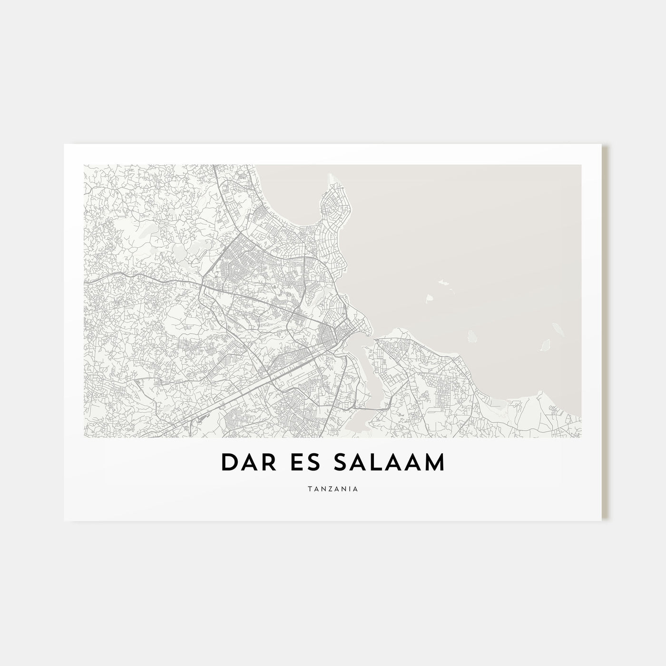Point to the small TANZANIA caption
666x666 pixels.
tap(333, 488)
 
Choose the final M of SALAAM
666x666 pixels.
tap(435, 463)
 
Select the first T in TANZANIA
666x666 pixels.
tap(309, 488)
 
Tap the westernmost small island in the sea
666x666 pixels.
tap(430, 299)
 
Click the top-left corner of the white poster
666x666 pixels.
tap(64, 145)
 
